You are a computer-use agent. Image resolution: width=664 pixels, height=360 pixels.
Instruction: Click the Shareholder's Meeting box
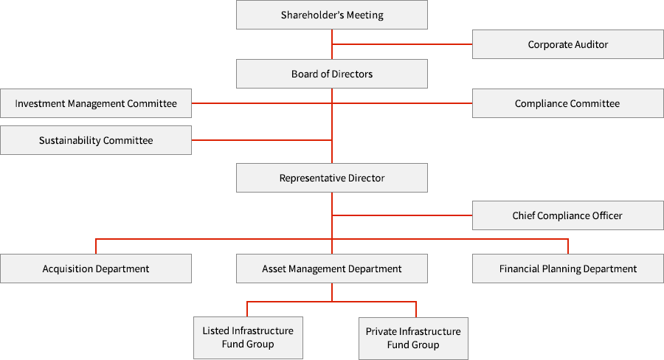332,15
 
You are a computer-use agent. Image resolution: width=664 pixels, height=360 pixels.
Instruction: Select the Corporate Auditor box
567,44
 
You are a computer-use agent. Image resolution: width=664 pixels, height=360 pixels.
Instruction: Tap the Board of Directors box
332,74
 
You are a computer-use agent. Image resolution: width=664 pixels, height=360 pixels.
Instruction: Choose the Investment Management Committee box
96,103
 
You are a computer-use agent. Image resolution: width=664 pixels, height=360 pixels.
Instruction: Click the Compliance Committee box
567,103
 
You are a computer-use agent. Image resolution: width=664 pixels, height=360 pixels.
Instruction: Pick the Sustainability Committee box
96,140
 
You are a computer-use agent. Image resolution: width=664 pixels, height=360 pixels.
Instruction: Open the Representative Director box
332,178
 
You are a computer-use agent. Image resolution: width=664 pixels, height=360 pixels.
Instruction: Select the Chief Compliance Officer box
567,215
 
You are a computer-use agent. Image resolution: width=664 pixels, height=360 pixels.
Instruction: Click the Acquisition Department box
96,269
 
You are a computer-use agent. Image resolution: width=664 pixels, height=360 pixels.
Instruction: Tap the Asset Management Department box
332,269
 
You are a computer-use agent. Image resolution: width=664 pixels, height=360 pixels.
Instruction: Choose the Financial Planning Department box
567,269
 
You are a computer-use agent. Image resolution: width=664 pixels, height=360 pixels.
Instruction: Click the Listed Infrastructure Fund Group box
248,337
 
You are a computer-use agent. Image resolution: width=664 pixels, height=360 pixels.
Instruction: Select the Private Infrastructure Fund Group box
413,338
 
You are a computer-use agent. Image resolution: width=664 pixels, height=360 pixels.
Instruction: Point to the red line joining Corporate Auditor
402,45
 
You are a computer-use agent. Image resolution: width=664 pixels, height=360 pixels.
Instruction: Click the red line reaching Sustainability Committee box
262,140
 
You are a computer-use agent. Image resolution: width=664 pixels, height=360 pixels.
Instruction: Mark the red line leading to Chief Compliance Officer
402,215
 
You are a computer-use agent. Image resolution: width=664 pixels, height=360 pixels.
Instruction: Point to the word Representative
312,178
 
